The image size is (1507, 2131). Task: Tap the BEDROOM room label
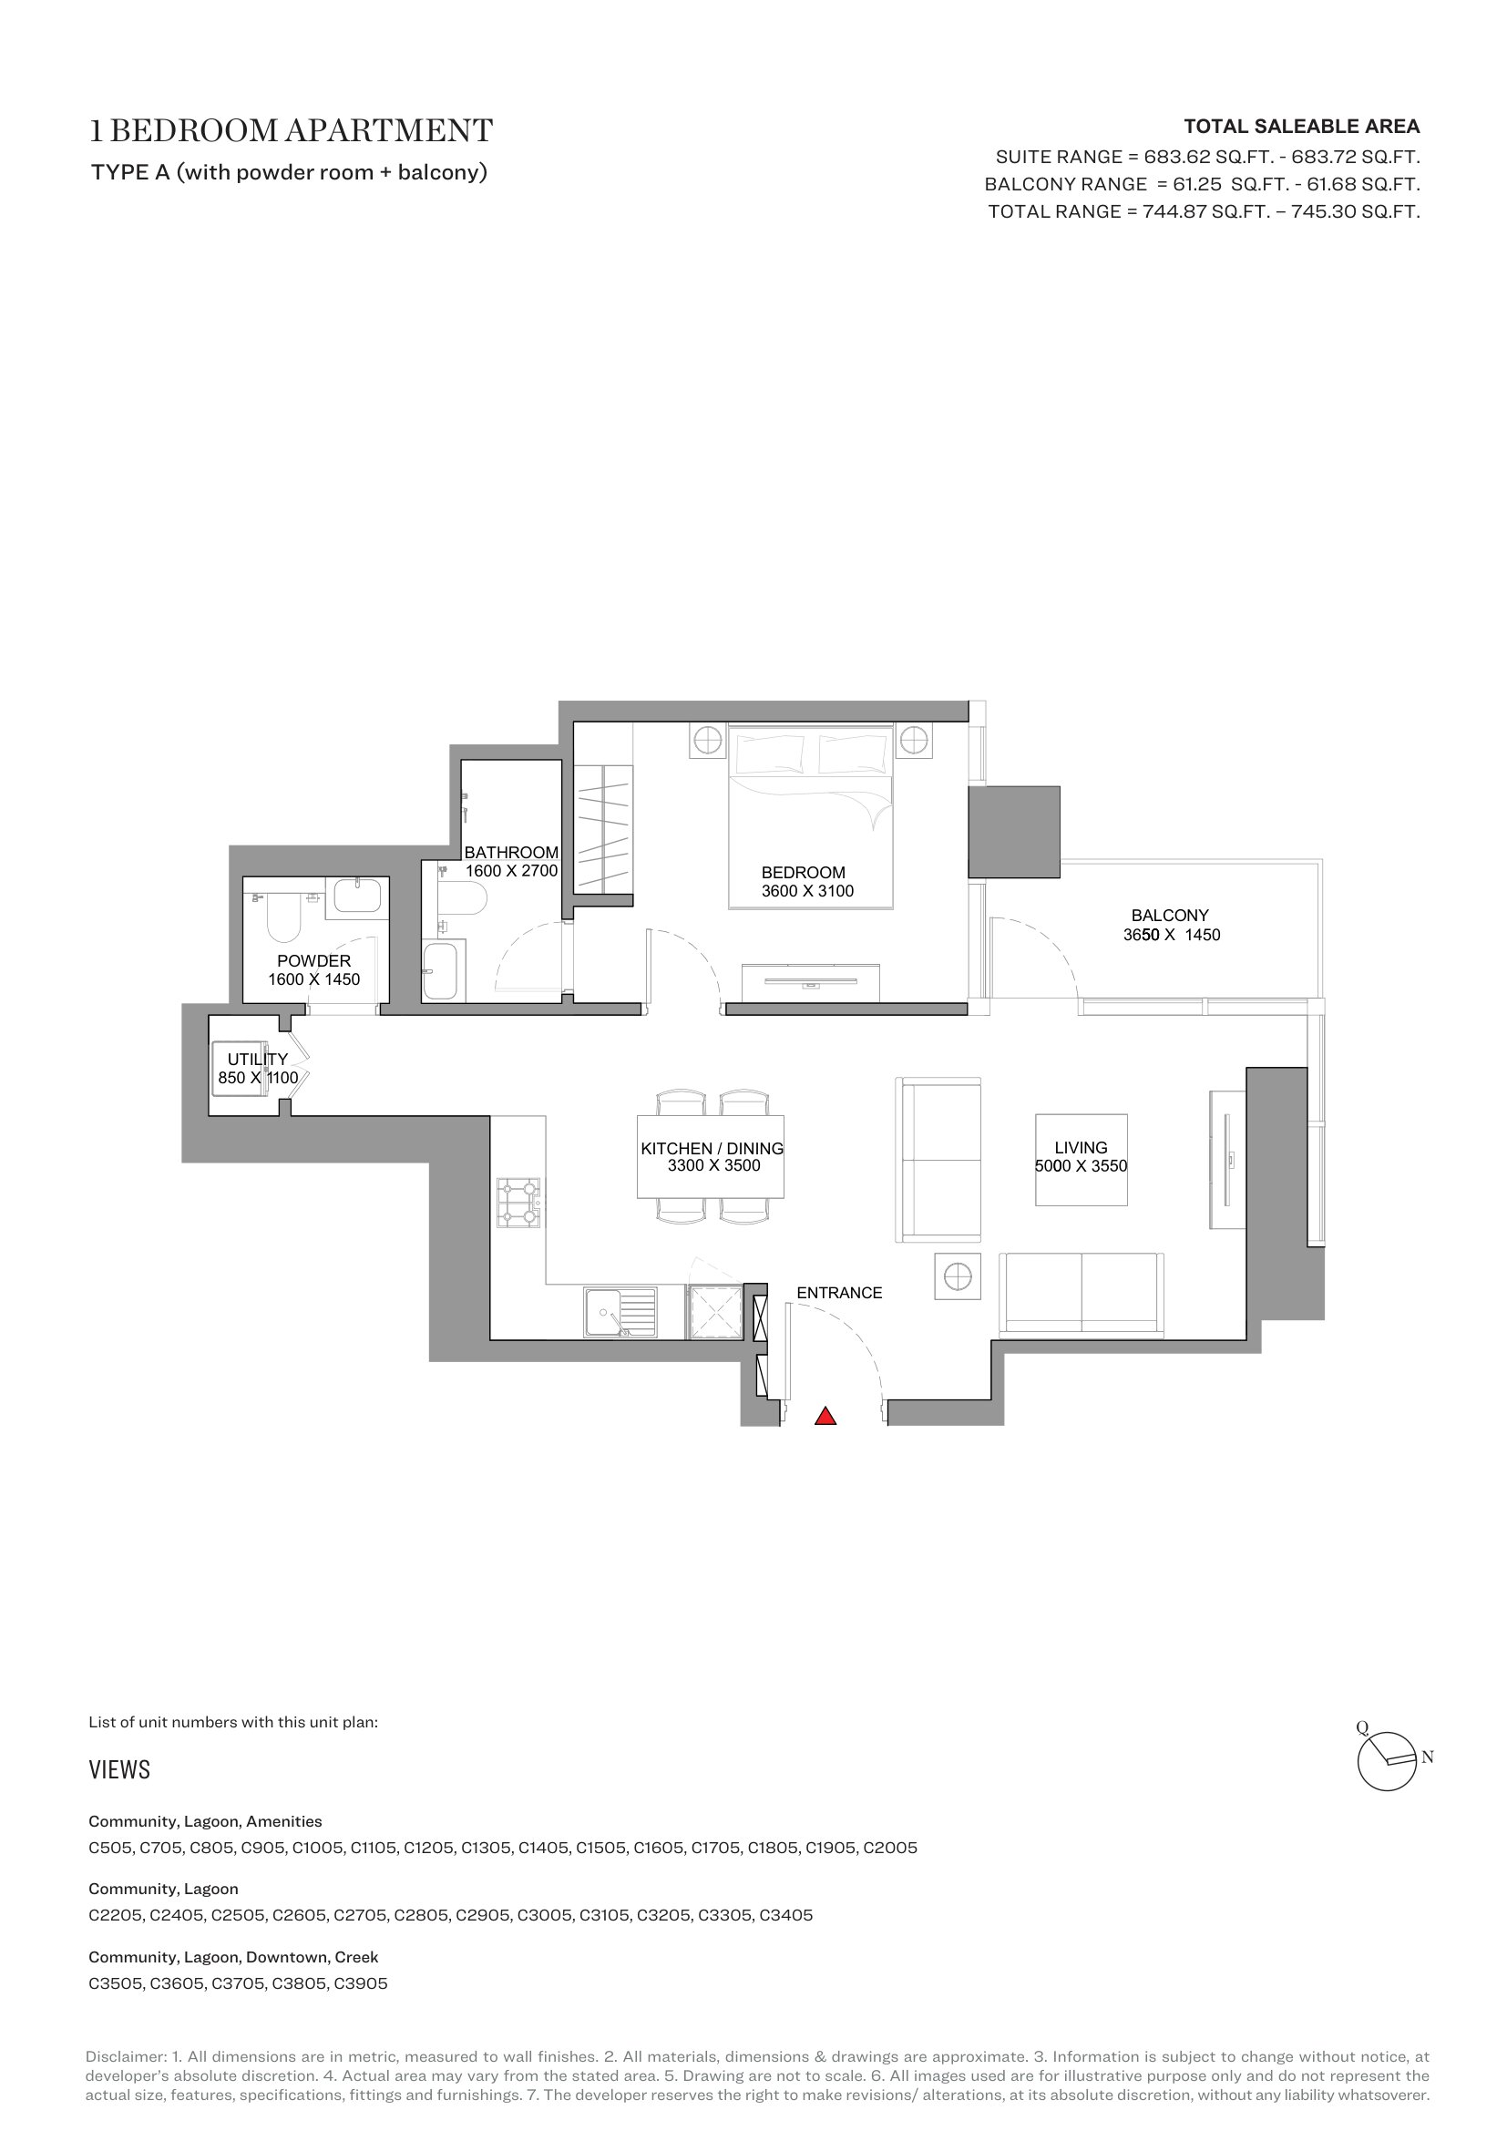(x=804, y=873)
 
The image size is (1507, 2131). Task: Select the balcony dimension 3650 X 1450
(x=1171, y=935)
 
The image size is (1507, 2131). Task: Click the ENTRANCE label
(x=839, y=1293)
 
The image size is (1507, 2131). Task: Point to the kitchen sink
(x=620, y=1312)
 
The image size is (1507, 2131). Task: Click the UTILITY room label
(x=257, y=1059)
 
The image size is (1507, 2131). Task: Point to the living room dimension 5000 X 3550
(x=1082, y=1166)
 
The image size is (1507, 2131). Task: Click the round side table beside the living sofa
(x=958, y=1276)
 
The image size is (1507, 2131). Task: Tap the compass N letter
(x=1427, y=1757)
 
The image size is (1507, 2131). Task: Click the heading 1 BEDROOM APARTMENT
(x=291, y=131)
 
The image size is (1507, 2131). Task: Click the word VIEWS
(x=118, y=1769)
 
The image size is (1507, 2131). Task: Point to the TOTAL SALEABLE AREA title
(x=1301, y=127)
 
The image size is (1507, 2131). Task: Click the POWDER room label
(x=313, y=960)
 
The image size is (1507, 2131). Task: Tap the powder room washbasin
(x=357, y=896)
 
